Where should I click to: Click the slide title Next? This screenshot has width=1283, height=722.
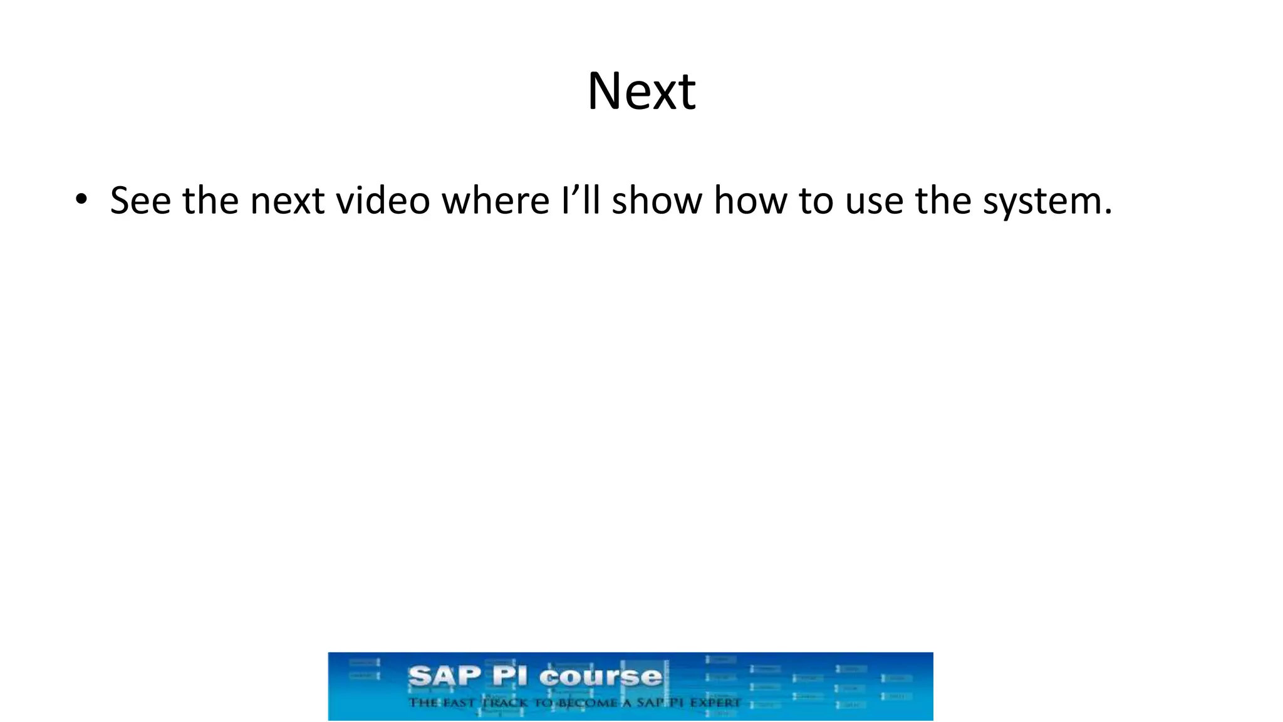(x=641, y=92)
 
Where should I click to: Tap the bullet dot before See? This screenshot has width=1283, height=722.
(x=81, y=200)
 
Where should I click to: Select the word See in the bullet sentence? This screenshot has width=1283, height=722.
(x=140, y=201)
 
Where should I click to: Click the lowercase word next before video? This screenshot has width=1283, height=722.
(x=287, y=202)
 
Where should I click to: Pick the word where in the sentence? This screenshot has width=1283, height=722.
(x=496, y=201)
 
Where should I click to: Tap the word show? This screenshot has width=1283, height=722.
(x=657, y=201)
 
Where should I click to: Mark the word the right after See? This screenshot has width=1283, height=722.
(x=210, y=201)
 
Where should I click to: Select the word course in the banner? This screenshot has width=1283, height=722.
(x=600, y=677)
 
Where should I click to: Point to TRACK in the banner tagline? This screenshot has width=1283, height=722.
(x=504, y=703)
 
